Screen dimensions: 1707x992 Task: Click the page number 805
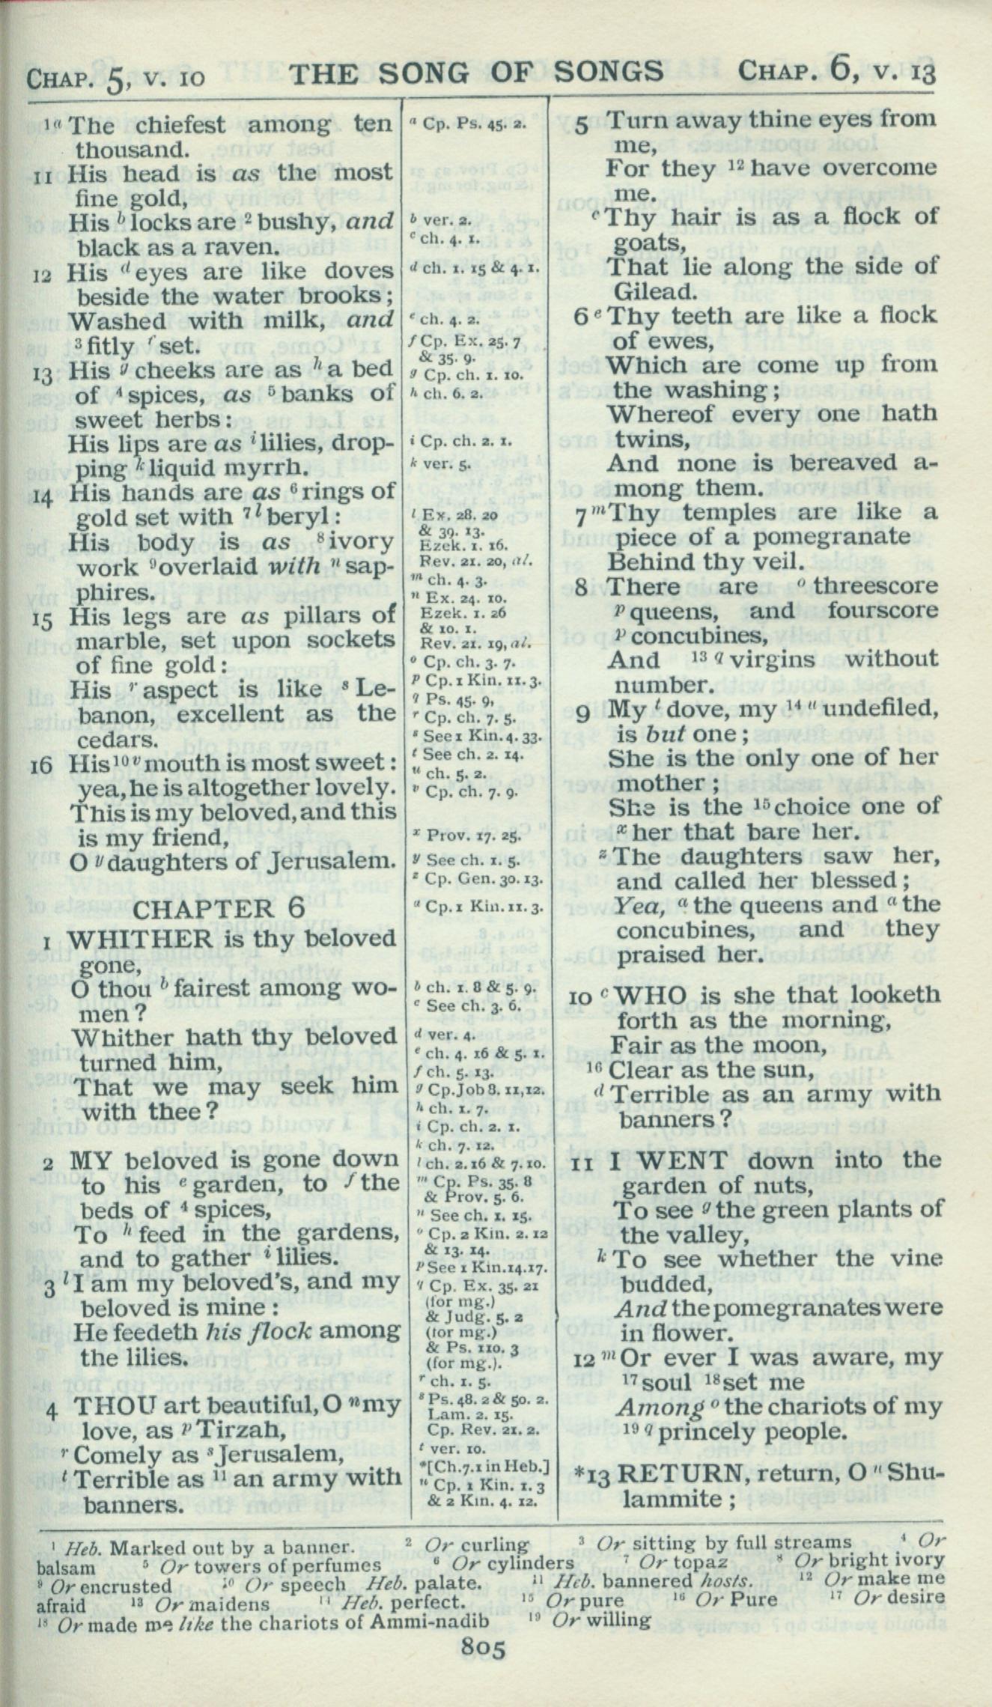coord(484,1664)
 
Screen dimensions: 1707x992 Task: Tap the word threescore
coord(875,586)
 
